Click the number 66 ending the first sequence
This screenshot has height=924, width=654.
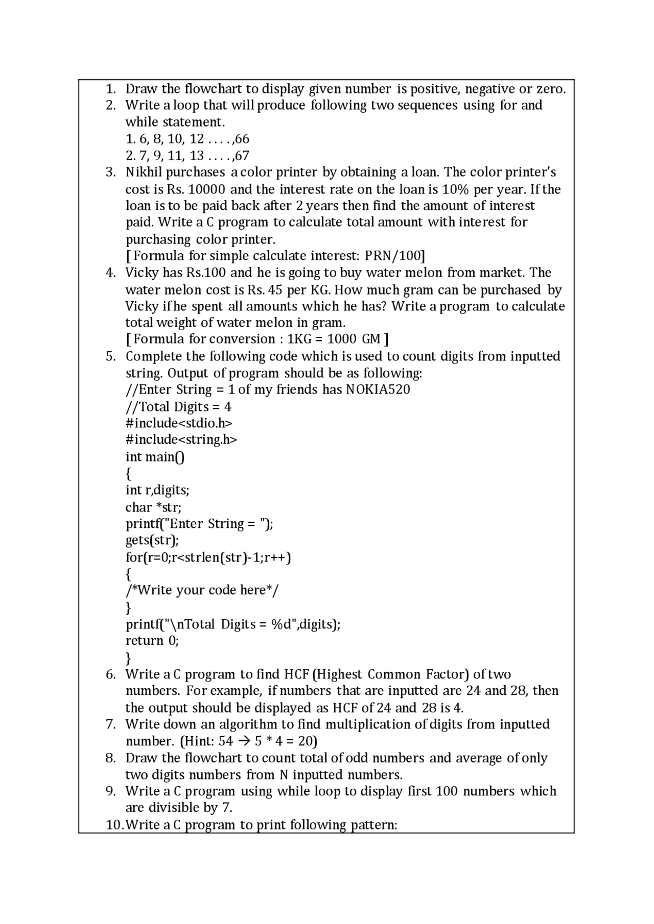click(242, 139)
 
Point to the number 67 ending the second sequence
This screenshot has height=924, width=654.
click(242, 156)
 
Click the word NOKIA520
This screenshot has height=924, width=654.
click(378, 390)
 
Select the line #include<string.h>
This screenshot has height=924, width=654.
click(181, 440)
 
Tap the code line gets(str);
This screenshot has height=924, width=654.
click(152, 540)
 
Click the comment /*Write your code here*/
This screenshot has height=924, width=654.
click(202, 591)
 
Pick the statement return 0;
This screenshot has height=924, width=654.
click(152, 641)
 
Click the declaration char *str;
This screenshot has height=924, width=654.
click(153, 507)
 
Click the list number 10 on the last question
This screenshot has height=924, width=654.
click(114, 825)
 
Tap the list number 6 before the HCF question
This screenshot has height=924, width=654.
click(110, 674)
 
